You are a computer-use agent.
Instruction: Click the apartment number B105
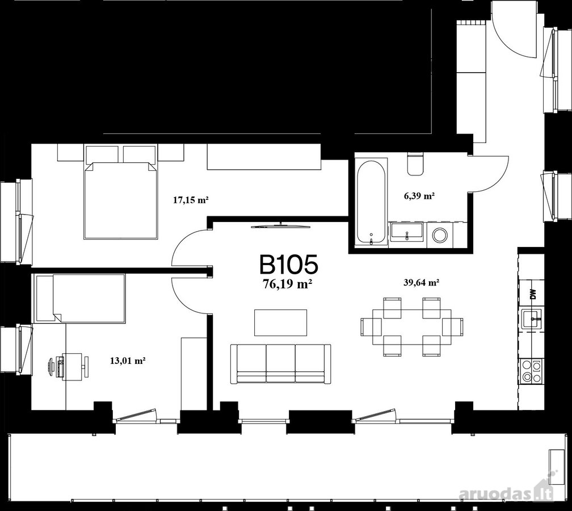point(288,265)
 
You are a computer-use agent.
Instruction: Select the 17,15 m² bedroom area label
point(191,200)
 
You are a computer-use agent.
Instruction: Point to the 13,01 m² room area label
point(128,361)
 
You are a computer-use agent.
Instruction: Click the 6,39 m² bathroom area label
point(419,196)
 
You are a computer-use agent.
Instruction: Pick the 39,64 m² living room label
point(421,282)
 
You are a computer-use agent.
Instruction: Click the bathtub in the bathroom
point(371,203)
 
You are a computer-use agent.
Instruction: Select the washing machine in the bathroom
point(440,236)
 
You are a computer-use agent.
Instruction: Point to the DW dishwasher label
point(533,294)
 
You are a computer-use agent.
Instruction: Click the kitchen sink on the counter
point(533,319)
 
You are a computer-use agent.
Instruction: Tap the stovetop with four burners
point(532,371)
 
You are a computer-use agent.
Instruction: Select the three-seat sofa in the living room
point(280,363)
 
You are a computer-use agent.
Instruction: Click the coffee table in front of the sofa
point(280,322)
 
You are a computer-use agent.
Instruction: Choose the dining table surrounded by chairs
point(412,327)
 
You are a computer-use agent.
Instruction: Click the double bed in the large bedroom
point(121,192)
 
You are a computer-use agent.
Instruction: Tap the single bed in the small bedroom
point(80,299)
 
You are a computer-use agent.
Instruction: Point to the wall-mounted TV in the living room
point(280,225)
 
